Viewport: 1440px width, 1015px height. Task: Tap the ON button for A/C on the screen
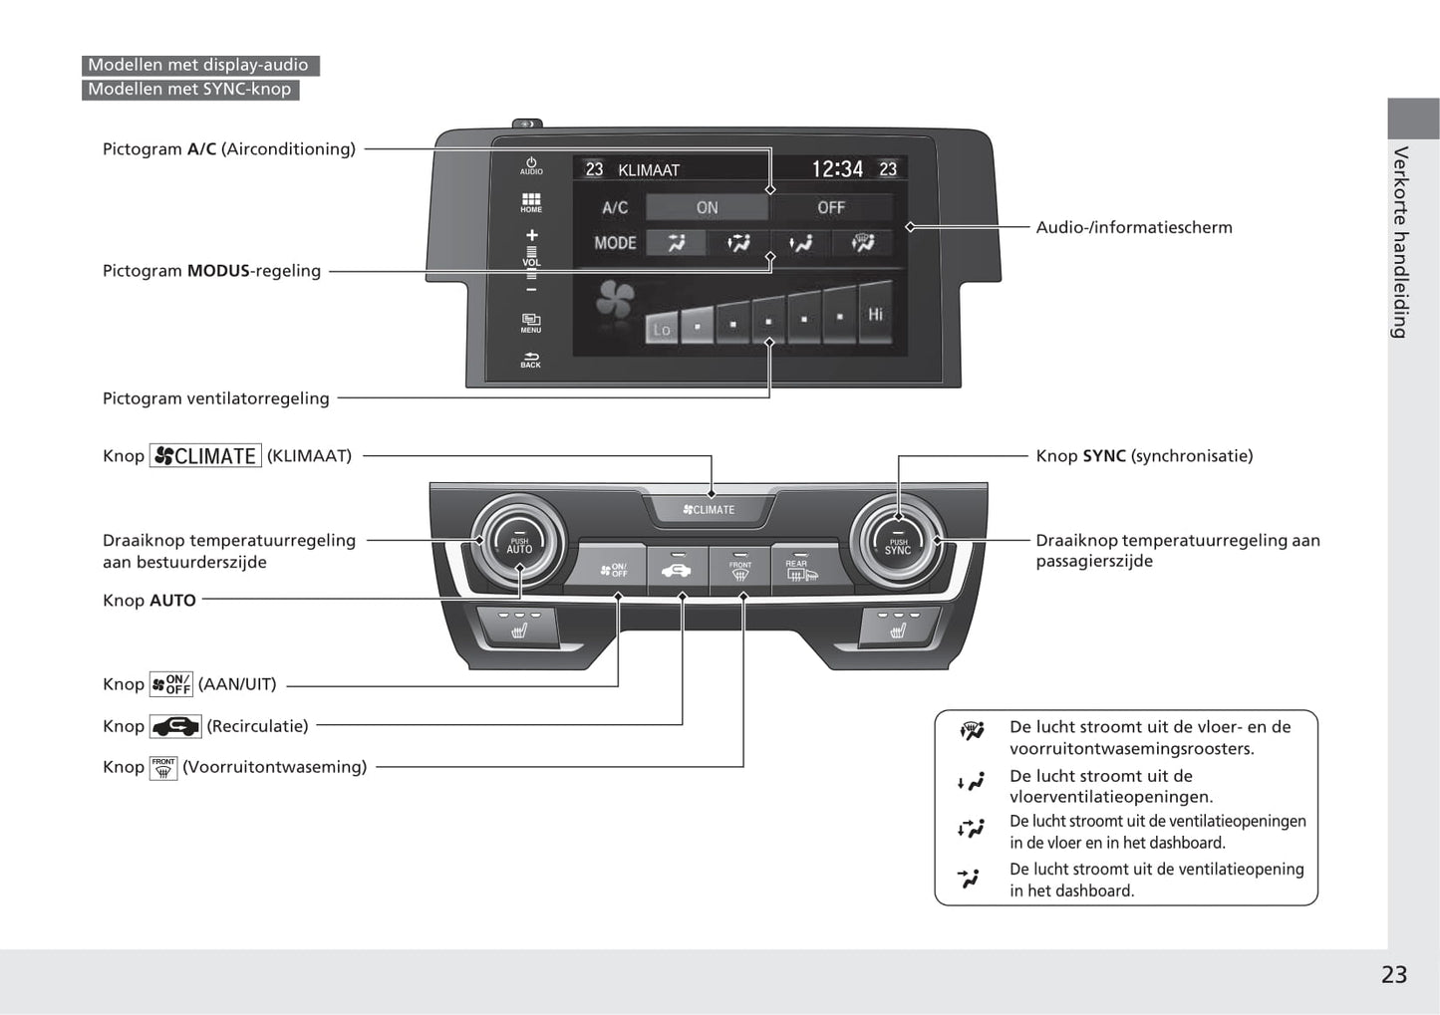[x=707, y=207]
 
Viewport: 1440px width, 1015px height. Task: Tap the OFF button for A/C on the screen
[x=830, y=207]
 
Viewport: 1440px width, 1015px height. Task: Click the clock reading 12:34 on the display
[x=836, y=169]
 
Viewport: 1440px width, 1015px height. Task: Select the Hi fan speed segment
[x=875, y=318]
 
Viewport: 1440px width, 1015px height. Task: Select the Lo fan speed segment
[x=662, y=328]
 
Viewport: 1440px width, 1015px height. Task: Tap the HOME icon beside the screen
[x=531, y=203]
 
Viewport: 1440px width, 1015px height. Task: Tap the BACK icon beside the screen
[x=530, y=360]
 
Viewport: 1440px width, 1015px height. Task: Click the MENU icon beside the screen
[x=531, y=323]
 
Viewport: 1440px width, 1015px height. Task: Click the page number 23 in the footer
[x=1393, y=975]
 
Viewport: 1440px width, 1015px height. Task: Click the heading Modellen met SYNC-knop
[x=189, y=90]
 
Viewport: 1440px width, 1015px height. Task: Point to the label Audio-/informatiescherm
[x=1133, y=227]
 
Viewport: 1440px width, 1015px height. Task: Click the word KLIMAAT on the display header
[x=648, y=170]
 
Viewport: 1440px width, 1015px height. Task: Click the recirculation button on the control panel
[x=677, y=570]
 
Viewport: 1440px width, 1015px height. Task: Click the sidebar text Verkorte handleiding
[x=1401, y=242]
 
